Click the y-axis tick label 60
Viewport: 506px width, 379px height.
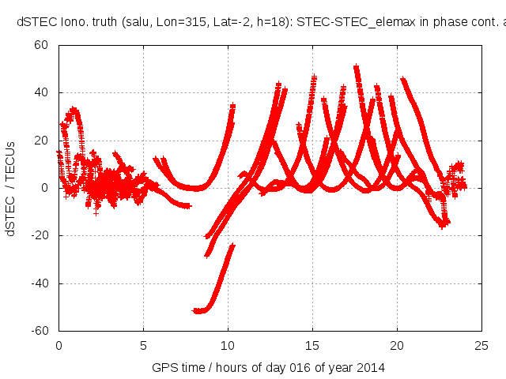pyautogui.click(x=43, y=46)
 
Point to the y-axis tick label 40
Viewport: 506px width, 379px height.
pyautogui.click(x=43, y=93)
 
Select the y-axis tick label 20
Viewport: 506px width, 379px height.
pyautogui.click(x=43, y=141)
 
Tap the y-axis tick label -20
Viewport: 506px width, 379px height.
pyautogui.click(x=40, y=235)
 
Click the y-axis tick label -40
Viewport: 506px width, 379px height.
pyautogui.click(x=40, y=283)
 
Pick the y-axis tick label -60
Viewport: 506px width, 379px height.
pyautogui.click(x=40, y=330)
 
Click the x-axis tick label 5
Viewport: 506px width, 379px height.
pyautogui.click(x=143, y=344)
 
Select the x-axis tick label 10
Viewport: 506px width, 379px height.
pyautogui.click(x=228, y=344)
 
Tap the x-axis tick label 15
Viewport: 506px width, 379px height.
pyautogui.click(x=312, y=344)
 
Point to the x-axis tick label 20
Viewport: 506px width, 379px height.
pyautogui.click(x=397, y=344)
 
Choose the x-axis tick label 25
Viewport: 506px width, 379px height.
pyautogui.click(x=481, y=344)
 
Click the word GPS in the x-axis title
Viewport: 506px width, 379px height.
pyautogui.click(x=164, y=367)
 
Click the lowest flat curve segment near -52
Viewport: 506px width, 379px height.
pyautogui.click(x=200, y=310)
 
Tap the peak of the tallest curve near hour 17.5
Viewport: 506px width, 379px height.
pyautogui.click(x=356, y=68)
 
